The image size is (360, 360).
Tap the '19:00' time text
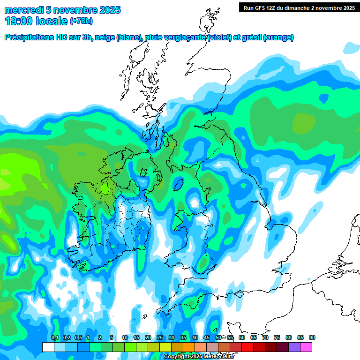(x=19, y=21)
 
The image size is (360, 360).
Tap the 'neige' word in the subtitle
(x=105, y=37)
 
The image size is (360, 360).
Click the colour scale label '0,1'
(x=54, y=337)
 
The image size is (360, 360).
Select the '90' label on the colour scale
(x=312, y=337)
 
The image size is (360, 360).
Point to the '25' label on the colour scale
(x=160, y=337)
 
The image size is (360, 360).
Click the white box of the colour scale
(x=48, y=347)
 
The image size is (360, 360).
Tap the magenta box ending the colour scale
(x=306, y=347)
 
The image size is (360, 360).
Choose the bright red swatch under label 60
(x=247, y=347)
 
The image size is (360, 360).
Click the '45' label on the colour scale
(x=207, y=337)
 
